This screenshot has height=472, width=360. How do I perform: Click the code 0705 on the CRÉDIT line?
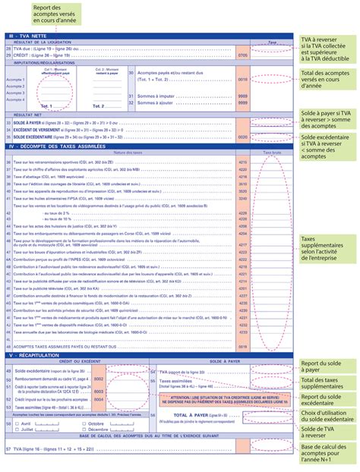pos(242,56)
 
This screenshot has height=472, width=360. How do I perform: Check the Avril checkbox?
pos(17,423)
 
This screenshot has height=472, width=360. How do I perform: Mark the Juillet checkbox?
pos(17,430)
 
